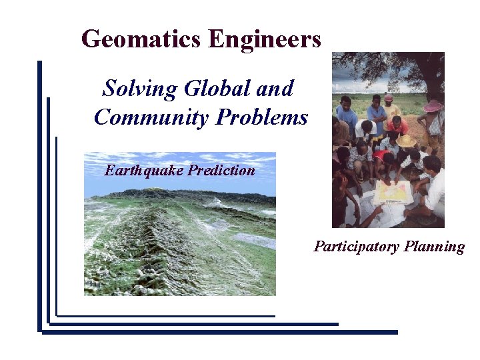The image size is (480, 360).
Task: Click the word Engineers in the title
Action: (x=265, y=39)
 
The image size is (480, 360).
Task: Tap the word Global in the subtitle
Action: (x=217, y=89)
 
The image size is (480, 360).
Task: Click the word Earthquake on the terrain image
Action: (x=143, y=170)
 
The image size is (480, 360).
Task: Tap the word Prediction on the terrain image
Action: (x=221, y=170)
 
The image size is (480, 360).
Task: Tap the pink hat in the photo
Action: (x=433, y=106)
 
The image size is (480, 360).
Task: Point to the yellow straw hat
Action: (x=405, y=141)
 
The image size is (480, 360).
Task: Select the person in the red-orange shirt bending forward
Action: (x=397, y=125)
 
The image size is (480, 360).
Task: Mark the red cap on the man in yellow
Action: (x=388, y=98)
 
